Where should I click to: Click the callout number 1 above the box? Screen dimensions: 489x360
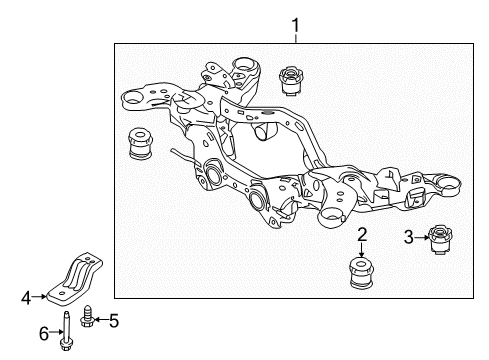pos(295,26)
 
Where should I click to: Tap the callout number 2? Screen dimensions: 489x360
pos(362,234)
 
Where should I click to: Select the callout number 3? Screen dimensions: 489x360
pos(409,237)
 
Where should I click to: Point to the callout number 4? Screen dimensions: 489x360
pos(26,298)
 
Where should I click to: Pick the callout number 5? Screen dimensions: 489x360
pos(114,321)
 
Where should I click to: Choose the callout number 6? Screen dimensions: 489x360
pos(44,333)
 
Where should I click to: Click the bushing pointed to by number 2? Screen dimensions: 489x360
pos(362,272)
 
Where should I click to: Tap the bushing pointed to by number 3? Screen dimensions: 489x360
pos(440,240)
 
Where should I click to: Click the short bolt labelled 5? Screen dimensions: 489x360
pos(88,316)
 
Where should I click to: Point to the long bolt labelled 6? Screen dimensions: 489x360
pos(66,330)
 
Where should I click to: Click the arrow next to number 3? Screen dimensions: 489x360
pos(422,238)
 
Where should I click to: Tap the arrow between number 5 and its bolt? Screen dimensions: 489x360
pos(102,320)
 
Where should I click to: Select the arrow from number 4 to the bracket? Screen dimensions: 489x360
pos(39,296)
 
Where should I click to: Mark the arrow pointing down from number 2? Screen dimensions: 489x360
pos(362,249)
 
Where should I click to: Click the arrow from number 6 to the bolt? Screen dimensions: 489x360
pos(56,332)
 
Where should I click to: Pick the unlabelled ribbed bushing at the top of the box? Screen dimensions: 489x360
pos(291,81)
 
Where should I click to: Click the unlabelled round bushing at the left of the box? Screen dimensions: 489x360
pos(140,143)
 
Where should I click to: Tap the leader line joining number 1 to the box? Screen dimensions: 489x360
pos(295,38)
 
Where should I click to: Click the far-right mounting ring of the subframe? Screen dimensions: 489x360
pos(447,185)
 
